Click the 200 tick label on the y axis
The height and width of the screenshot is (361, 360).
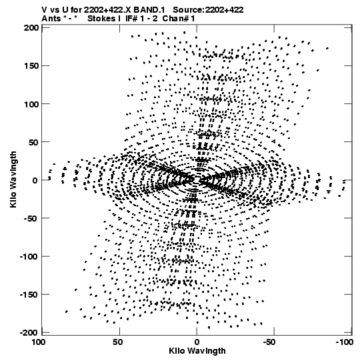pos(31,28)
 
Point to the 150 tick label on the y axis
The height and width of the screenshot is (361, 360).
pos(31,66)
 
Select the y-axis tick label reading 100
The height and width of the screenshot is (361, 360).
pos(31,104)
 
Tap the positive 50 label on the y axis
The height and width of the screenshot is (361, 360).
pos(33,142)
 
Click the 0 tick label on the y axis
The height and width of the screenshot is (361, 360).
pos(35,180)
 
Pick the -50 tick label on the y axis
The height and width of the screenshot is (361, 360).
pos(31,218)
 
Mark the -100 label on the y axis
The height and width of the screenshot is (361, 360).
pos(29,257)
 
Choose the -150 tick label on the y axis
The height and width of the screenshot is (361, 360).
pos(29,295)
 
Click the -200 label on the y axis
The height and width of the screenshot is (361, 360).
pos(29,333)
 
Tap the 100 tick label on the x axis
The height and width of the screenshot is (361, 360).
pos(39,342)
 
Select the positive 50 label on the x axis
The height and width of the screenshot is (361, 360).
pos(118,342)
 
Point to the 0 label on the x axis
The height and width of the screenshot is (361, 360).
pos(197,342)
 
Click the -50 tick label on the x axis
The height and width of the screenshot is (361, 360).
pos(269,342)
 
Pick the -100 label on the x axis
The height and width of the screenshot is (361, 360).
pos(345,342)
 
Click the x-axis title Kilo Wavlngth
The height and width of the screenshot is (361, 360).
pos(197,351)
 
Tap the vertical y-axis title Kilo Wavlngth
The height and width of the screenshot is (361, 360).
pos(13,179)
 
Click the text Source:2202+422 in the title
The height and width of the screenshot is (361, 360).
pos(208,10)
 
